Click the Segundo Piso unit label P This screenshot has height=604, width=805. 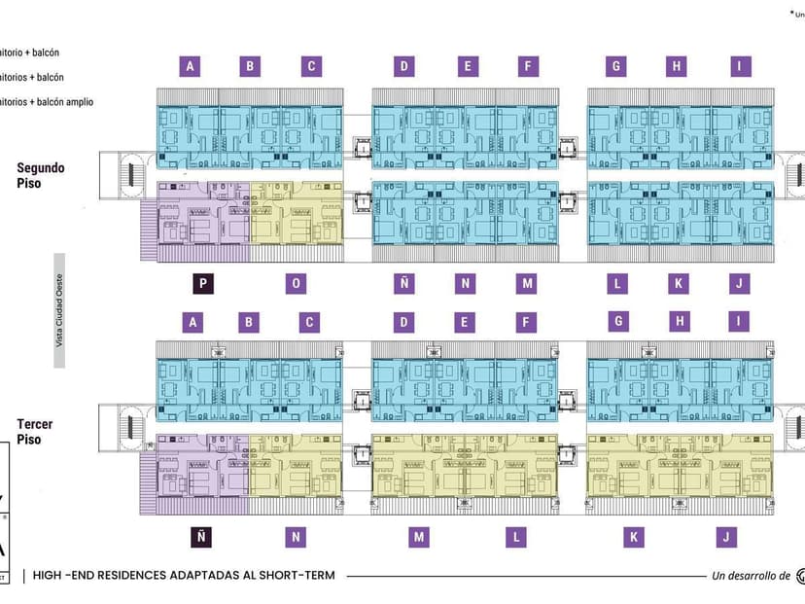coord(203,284)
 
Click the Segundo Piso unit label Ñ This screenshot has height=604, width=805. coord(402,284)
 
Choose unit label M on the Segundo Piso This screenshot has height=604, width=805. coord(527,284)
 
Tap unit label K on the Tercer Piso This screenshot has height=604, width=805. coord(634,536)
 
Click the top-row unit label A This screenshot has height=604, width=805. coord(192,66)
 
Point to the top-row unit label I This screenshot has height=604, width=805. coord(742,66)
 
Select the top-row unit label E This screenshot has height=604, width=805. coord(468,66)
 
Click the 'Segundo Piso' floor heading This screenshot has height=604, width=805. coord(41,175)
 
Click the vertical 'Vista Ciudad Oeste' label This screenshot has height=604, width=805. coord(59,310)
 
